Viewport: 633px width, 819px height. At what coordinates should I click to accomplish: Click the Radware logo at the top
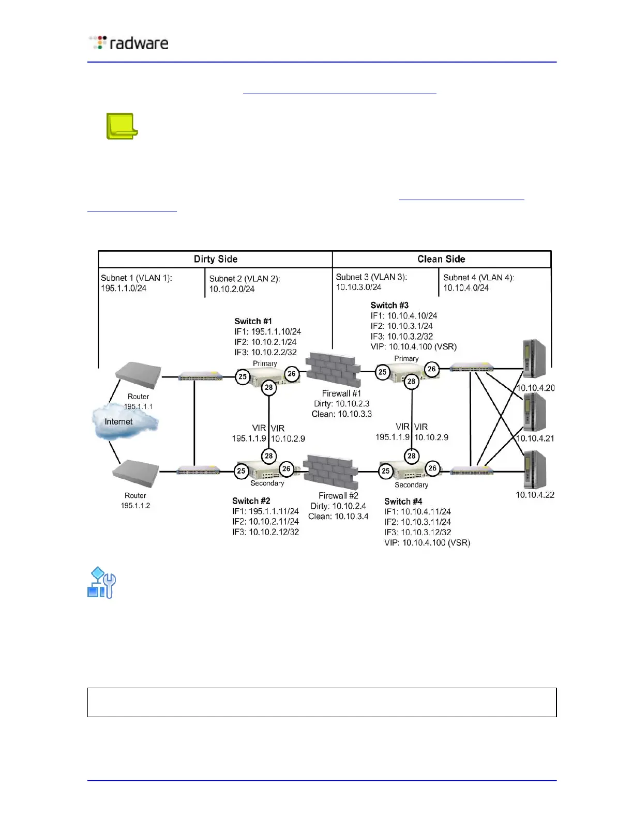coord(129,43)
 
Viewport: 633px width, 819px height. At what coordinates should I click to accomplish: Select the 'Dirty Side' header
coord(215,259)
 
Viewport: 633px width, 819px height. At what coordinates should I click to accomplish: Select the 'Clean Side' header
coord(441,259)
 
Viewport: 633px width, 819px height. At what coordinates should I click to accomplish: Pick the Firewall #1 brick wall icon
coord(333,369)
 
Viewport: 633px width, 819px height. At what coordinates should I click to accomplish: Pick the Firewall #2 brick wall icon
coord(330,472)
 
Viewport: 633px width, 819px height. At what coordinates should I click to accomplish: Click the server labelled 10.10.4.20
coord(534,359)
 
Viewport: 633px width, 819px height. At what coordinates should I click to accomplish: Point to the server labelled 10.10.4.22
coord(534,469)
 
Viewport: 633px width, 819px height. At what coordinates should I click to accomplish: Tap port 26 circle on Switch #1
coord(292,374)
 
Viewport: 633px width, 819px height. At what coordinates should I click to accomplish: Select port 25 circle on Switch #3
coord(383,372)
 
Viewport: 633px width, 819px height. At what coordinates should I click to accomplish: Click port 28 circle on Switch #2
coord(268,456)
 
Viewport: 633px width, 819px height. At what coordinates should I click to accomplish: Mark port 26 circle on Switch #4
coord(432,468)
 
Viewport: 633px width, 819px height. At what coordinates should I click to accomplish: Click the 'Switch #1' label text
coord(253,321)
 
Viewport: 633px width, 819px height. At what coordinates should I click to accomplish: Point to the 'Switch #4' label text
coord(403,501)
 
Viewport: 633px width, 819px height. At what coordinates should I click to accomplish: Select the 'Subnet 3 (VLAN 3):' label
coord(371,277)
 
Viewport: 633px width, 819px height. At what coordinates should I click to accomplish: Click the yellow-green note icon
coord(122,126)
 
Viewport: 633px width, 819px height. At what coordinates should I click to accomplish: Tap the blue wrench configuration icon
coord(101,583)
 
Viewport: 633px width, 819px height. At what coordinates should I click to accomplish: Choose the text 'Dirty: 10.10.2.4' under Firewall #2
coord(338,506)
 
